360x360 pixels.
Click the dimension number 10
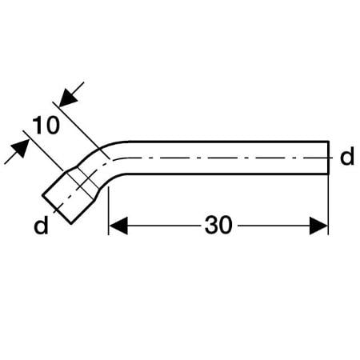(46, 126)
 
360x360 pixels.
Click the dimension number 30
(218, 226)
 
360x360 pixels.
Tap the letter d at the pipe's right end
(347, 156)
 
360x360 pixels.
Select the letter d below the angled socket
(41, 225)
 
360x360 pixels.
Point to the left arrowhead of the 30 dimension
(118, 226)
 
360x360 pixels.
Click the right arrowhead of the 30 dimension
(318, 226)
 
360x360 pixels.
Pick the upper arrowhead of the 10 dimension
(68, 98)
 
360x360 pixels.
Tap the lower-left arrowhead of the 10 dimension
(20, 148)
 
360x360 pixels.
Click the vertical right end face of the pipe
(328, 158)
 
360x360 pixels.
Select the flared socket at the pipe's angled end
(71, 194)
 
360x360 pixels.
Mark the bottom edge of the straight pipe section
(226, 174)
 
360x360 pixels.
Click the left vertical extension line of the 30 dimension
(109, 210)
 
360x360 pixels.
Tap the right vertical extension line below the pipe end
(328, 205)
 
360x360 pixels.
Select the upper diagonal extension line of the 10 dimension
(81, 130)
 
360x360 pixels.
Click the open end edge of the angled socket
(57, 210)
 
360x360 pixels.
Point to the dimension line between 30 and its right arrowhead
(274, 226)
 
